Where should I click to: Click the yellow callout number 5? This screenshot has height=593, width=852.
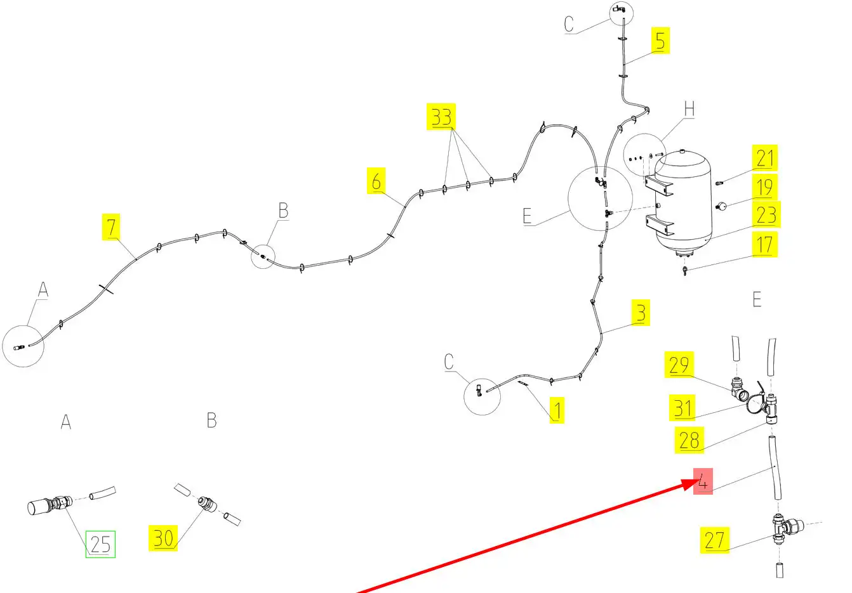pyautogui.click(x=660, y=41)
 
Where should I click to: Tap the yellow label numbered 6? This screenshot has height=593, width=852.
pyautogui.click(x=376, y=181)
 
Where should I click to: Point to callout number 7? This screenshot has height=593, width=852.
pyautogui.click(x=112, y=228)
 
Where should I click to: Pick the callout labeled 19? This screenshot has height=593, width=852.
pyautogui.click(x=765, y=187)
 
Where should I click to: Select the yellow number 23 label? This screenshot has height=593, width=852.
pyautogui.click(x=766, y=215)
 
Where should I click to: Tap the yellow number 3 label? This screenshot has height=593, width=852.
pyautogui.click(x=641, y=313)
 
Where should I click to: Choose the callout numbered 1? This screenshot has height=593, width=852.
pyautogui.click(x=556, y=410)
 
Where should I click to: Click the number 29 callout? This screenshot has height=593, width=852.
pyautogui.click(x=679, y=365)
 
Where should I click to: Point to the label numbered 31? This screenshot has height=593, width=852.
pyautogui.click(x=682, y=407)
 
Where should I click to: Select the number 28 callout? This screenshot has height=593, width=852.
pyautogui.click(x=689, y=440)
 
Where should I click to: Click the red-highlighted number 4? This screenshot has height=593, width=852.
pyautogui.click(x=703, y=481)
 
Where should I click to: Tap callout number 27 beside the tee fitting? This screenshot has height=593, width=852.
pyautogui.click(x=714, y=540)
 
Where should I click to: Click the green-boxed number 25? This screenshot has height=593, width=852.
pyautogui.click(x=100, y=544)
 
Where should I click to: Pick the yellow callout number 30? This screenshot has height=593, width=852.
pyautogui.click(x=163, y=538)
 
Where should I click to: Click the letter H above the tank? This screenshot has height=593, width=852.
pyautogui.click(x=689, y=110)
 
